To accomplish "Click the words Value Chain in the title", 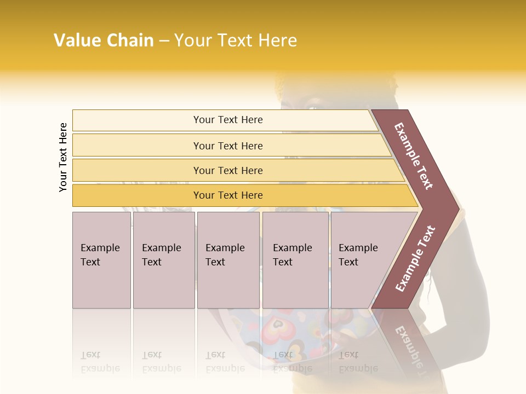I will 104,40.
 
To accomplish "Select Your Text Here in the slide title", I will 236,40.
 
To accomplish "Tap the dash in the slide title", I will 164,41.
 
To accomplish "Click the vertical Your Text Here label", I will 63,157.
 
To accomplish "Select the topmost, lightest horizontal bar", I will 227,120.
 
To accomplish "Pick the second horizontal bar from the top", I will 228,146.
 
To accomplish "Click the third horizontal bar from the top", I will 228,170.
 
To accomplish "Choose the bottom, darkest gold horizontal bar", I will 228,195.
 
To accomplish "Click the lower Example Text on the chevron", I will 415,258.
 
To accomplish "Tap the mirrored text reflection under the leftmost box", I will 101,362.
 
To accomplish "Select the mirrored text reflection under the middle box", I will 225,362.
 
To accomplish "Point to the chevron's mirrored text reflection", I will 408,345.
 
